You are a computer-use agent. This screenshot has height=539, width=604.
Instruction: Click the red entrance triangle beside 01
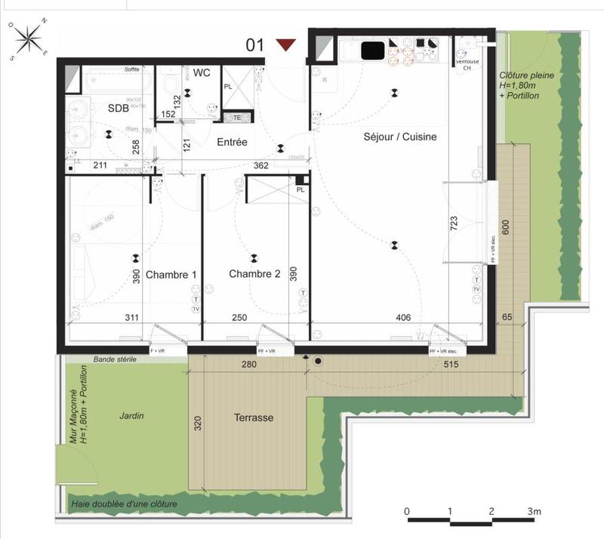click(x=286, y=45)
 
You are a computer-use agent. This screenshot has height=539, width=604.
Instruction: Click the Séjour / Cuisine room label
click(x=399, y=137)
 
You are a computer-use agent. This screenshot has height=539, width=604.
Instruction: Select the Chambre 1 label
click(x=171, y=274)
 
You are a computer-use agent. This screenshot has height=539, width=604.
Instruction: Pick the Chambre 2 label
click(x=254, y=274)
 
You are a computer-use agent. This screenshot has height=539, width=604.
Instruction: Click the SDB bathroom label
click(x=118, y=108)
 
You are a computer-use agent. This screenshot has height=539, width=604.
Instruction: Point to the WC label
click(x=202, y=73)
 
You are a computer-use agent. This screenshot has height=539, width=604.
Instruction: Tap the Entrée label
click(x=232, y=142)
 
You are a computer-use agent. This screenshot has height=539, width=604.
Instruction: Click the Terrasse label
click(x=253, y=417)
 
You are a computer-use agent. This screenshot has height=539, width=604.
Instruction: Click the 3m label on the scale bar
click(x=535, y=511)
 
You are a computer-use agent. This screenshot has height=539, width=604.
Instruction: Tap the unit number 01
click(x=255, y=45)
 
